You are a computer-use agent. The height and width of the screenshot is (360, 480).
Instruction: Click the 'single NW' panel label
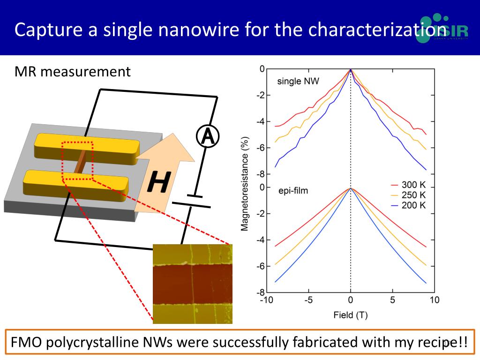[x=298, y=81]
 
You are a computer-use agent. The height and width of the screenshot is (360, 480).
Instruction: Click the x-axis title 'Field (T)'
[x=350, y=315]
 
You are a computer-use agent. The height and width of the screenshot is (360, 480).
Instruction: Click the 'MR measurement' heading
[x=72, y=72]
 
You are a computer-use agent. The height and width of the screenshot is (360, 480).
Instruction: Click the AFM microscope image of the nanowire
[x=193, y=284]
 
